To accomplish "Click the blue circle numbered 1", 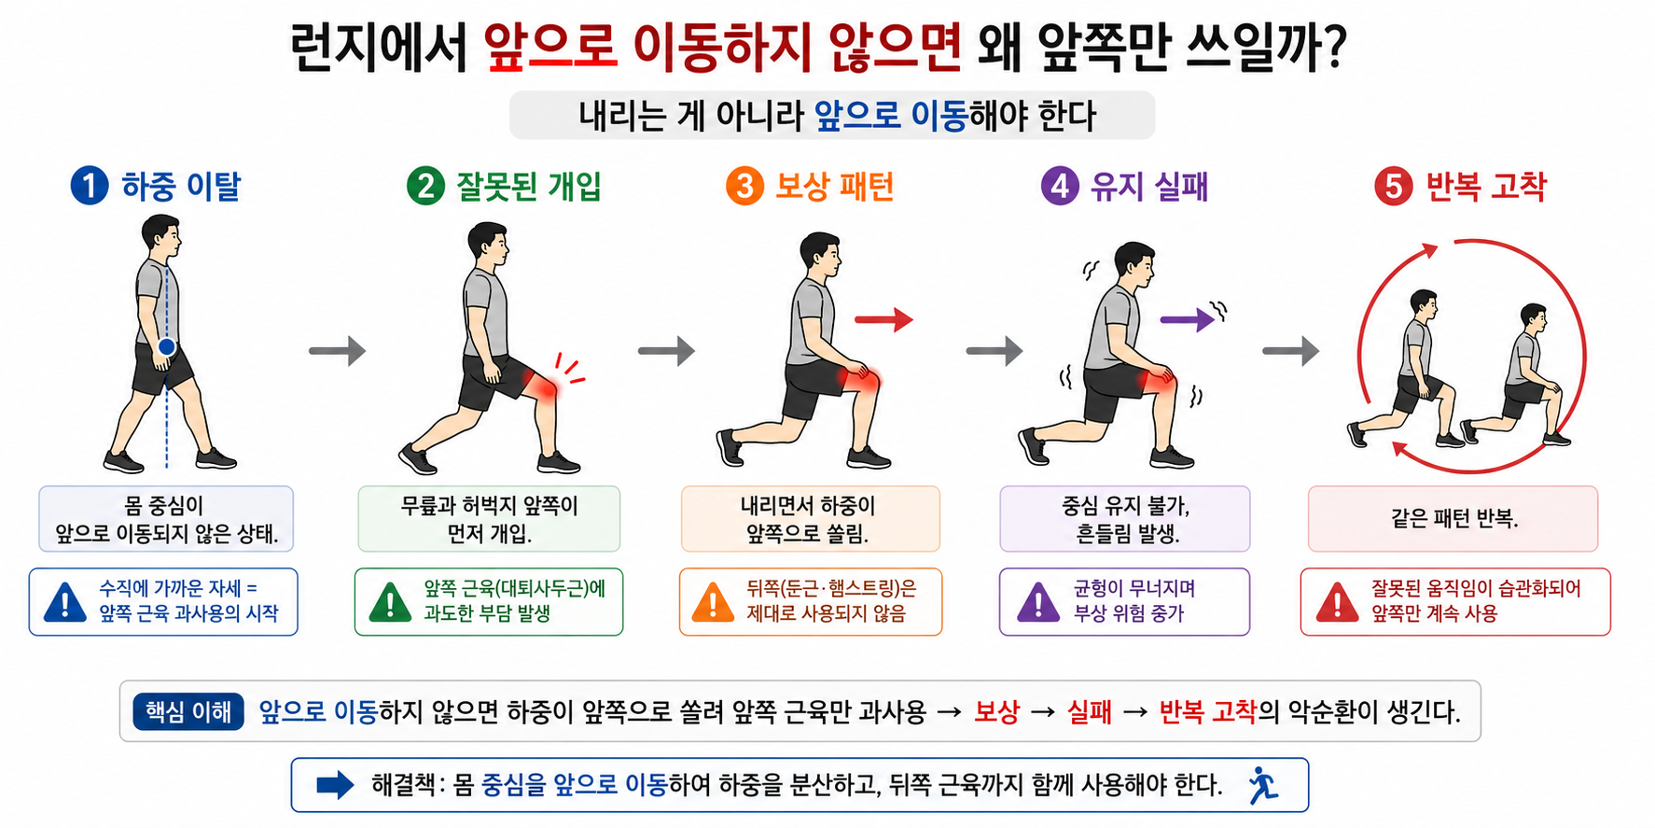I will tap(90, 186).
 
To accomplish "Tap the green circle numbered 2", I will tap(425, 186).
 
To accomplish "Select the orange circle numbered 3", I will tap(744, 186).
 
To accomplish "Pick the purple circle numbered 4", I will tap(1060, 186).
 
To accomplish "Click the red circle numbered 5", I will tap(1393, 186).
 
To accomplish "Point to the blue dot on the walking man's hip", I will tap(167, 347).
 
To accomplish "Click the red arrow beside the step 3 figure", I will tap(883, 319).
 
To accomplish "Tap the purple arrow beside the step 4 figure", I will tap(1188, 320).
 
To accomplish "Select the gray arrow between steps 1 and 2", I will tap(337, 351).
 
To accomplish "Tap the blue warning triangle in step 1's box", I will tap(65, 603).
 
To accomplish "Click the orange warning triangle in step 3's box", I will tap(713, 603).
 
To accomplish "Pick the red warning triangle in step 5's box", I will tap(1337, 603).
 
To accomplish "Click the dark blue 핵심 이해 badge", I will tap(188, 712).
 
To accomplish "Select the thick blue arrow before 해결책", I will tap(335, 785).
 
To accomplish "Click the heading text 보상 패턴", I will tap(834, 186).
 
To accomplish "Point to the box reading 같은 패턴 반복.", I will tap(1453, 519).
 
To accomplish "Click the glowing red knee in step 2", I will tap(541, 384).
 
